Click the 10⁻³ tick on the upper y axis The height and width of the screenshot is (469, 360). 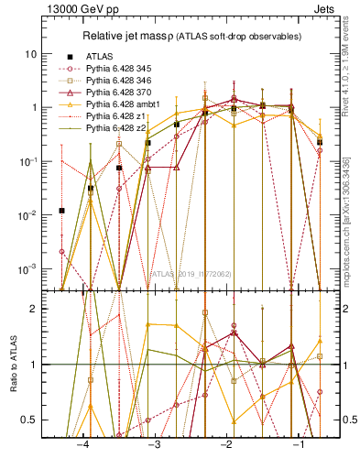pos(33,268)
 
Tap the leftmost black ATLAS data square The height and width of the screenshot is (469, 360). pos(62,211)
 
